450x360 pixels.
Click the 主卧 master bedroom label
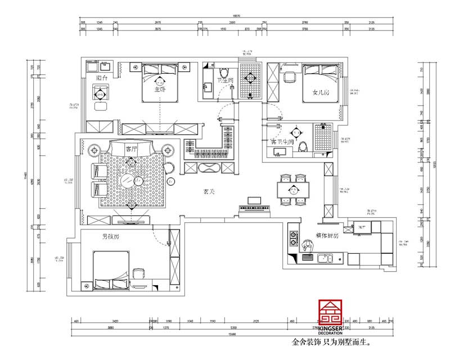tap(160, 89)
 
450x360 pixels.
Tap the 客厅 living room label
tap(132, 149)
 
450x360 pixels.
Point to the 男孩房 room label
tap(110, 237)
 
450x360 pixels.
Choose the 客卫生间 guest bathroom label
tap(283, 141)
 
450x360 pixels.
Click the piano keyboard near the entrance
tap(256, 209)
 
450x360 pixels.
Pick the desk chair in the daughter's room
tap(290, 77)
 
